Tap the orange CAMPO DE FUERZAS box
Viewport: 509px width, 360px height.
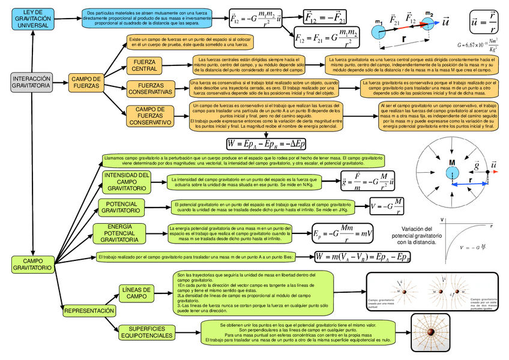[x=86, y=82]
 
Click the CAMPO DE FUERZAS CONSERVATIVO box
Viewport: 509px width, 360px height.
[x=151, y=116]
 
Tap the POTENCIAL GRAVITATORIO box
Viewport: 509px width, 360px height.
[x=121, y=208]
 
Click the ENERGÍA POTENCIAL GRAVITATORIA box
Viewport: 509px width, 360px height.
[x=119, y=233]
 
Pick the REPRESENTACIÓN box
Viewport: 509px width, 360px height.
[x=89, y=311]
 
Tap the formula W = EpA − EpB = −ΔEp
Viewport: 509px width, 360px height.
[x=266, y=143]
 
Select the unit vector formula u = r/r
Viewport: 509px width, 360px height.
[x=483, y=22]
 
